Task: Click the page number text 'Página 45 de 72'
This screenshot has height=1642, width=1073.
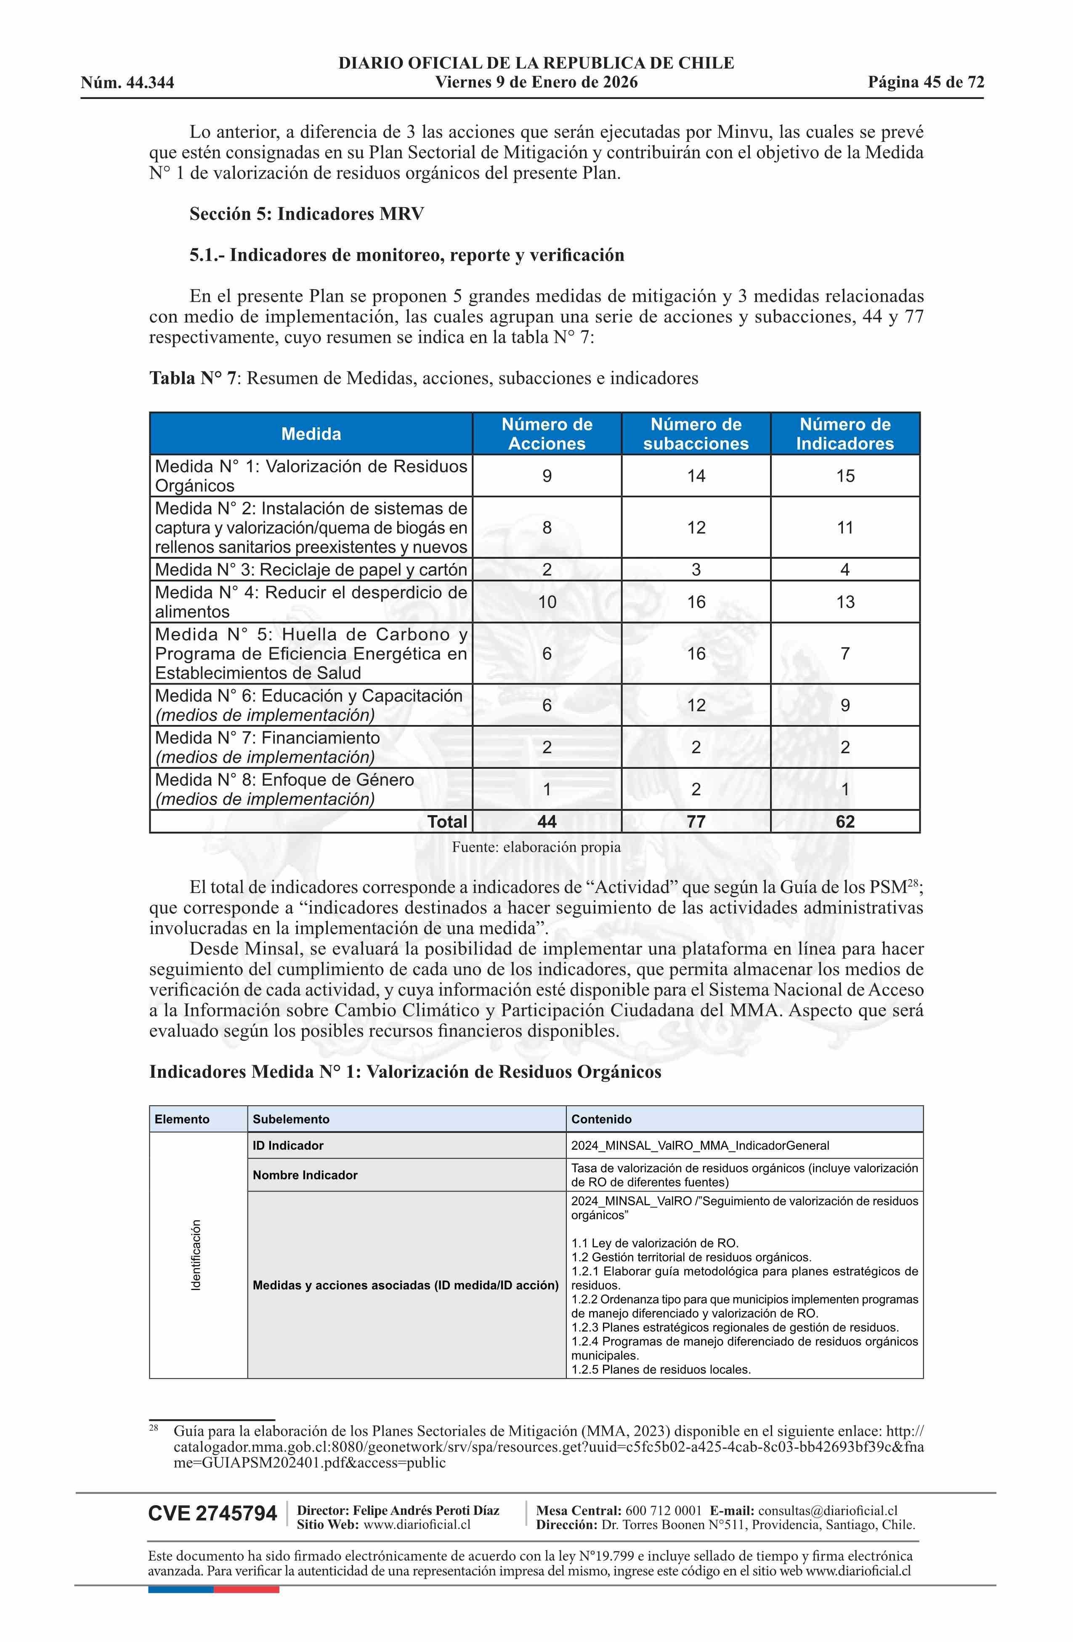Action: (925, 83)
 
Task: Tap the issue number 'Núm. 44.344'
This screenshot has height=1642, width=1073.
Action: (127, 83)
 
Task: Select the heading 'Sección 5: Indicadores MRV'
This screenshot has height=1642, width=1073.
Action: (307, 214)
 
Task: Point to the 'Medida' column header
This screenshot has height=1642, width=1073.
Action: (311, 434)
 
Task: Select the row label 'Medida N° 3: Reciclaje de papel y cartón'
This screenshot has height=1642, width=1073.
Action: (311, 570)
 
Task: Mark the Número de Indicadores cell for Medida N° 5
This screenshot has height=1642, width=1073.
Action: (845, 654)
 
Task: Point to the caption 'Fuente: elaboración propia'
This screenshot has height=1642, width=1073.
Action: (536, 847)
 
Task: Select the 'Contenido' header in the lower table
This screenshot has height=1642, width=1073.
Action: (601, 1119)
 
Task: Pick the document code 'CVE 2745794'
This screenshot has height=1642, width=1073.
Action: (212, 1514)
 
